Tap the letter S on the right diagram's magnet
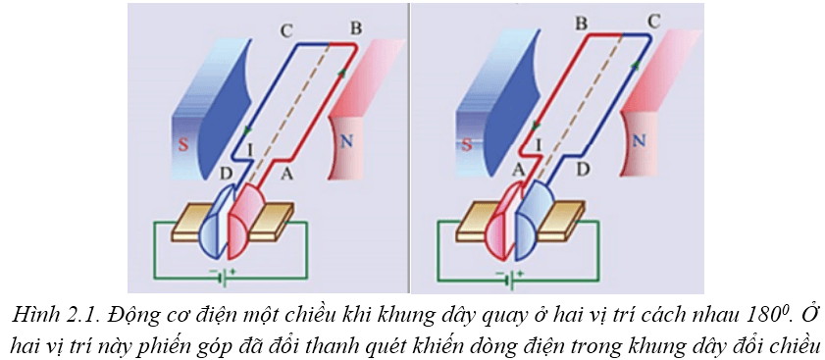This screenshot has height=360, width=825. (x=468, y=141)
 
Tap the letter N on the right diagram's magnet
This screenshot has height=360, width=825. (x=639, y=140)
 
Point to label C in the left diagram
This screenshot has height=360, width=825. (x=285, y=30)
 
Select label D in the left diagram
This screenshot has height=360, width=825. (x=227, y=174)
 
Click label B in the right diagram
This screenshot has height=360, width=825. (x=581, y=21)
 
